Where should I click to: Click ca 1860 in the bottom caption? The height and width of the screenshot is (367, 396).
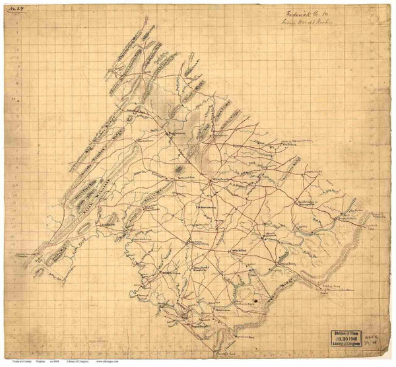[72, 362]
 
